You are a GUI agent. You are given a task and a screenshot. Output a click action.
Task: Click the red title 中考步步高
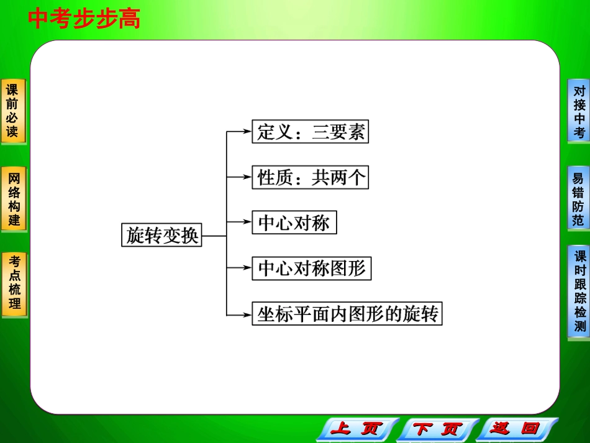tap(84, 19)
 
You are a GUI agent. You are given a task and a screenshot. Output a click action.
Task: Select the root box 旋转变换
tap(161, 235)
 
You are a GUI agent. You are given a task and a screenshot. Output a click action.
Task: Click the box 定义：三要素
tap(311, 132)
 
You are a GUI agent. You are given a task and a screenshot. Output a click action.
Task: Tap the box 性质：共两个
tap(311, 178)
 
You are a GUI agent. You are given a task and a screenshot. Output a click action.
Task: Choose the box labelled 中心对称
tap(294, 223)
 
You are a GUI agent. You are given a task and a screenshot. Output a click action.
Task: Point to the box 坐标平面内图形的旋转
tap(347, 314)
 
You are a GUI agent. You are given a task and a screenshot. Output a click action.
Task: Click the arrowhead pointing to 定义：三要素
tap(247, 132)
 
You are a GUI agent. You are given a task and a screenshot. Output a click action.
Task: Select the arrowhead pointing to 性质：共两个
tap(247, 177)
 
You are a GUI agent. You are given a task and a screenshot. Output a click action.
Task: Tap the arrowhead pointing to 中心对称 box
tap(247, 222)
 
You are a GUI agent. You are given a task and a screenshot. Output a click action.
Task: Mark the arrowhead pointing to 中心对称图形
tap(247, 268)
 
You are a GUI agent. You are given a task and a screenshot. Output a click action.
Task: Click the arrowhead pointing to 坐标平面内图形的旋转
tap(247, 314)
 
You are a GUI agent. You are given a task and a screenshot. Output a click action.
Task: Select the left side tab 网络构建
tap(13, 199)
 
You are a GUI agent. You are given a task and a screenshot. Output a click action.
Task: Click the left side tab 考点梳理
tap(14, 283)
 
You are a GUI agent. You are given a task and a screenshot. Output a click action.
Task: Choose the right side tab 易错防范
tap(578, 199)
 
